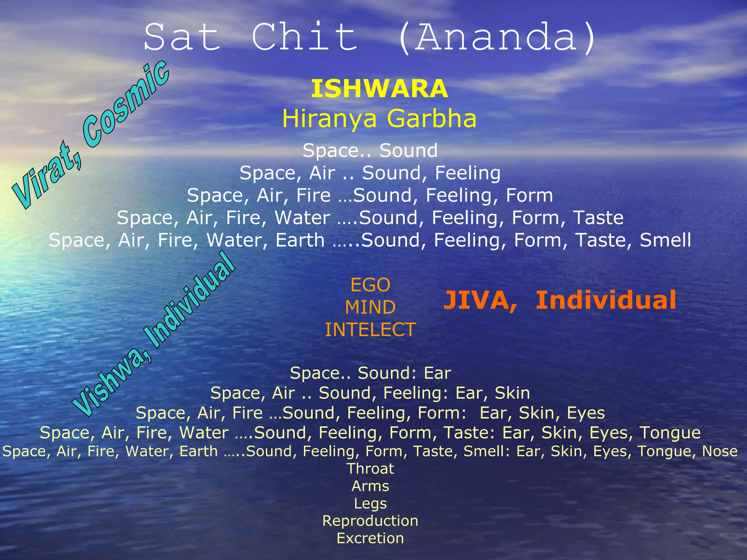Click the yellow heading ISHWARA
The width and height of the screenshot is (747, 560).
(x=379, y=89)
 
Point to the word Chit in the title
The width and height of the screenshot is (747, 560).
(x=305, y=37)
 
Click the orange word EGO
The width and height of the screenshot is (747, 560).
(x=370, y=285)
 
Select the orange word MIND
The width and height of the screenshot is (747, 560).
(x=370, y=307)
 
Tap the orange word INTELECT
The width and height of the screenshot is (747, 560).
(x=370, y=330)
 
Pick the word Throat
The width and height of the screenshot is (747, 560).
(x=370, y=468)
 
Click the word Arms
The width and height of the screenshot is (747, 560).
(x=370, y=486)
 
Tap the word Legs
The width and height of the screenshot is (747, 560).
(x=370, y=503)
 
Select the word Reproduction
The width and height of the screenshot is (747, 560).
(x=370, y=521)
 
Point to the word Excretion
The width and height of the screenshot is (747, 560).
(x=370, y=538)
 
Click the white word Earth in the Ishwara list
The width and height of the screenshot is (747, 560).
(x=300, y=240)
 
